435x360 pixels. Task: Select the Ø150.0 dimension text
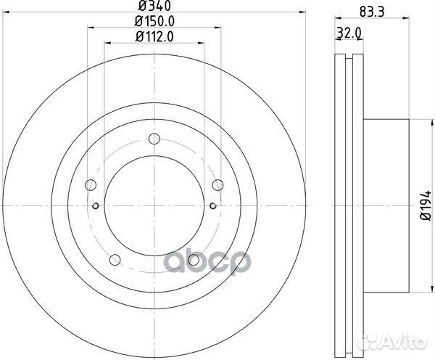(x=152, y=23)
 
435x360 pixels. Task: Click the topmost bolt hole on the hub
(x=153, y=140)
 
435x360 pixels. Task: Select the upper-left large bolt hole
(x=90, y=185)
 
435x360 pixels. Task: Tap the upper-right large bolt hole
(x=216, y=185)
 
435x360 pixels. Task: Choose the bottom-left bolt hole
(x=114, y=260)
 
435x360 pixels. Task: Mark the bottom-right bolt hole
(x=192, y=260)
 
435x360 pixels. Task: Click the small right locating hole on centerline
(x=211, y=206)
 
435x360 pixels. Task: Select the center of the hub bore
(x=153, y=206)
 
